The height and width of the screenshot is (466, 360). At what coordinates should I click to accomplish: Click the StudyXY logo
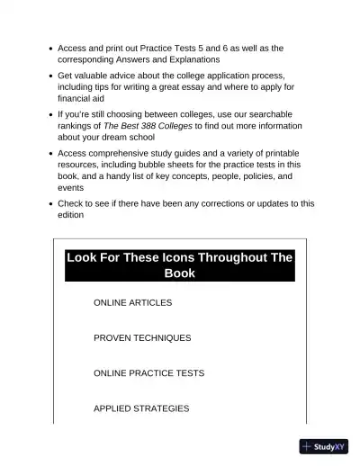(x=326, y=446)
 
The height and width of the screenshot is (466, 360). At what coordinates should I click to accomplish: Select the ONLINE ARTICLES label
(x=132, y=302)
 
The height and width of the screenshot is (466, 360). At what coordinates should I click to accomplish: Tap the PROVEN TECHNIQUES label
(x=142, y=337)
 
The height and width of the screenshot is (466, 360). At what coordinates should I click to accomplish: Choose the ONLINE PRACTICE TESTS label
(x=148, y=372)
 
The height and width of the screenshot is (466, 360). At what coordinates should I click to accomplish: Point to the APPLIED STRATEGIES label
(x=141, y=408)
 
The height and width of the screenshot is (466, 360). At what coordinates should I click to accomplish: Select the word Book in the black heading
(x=180, y=273)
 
